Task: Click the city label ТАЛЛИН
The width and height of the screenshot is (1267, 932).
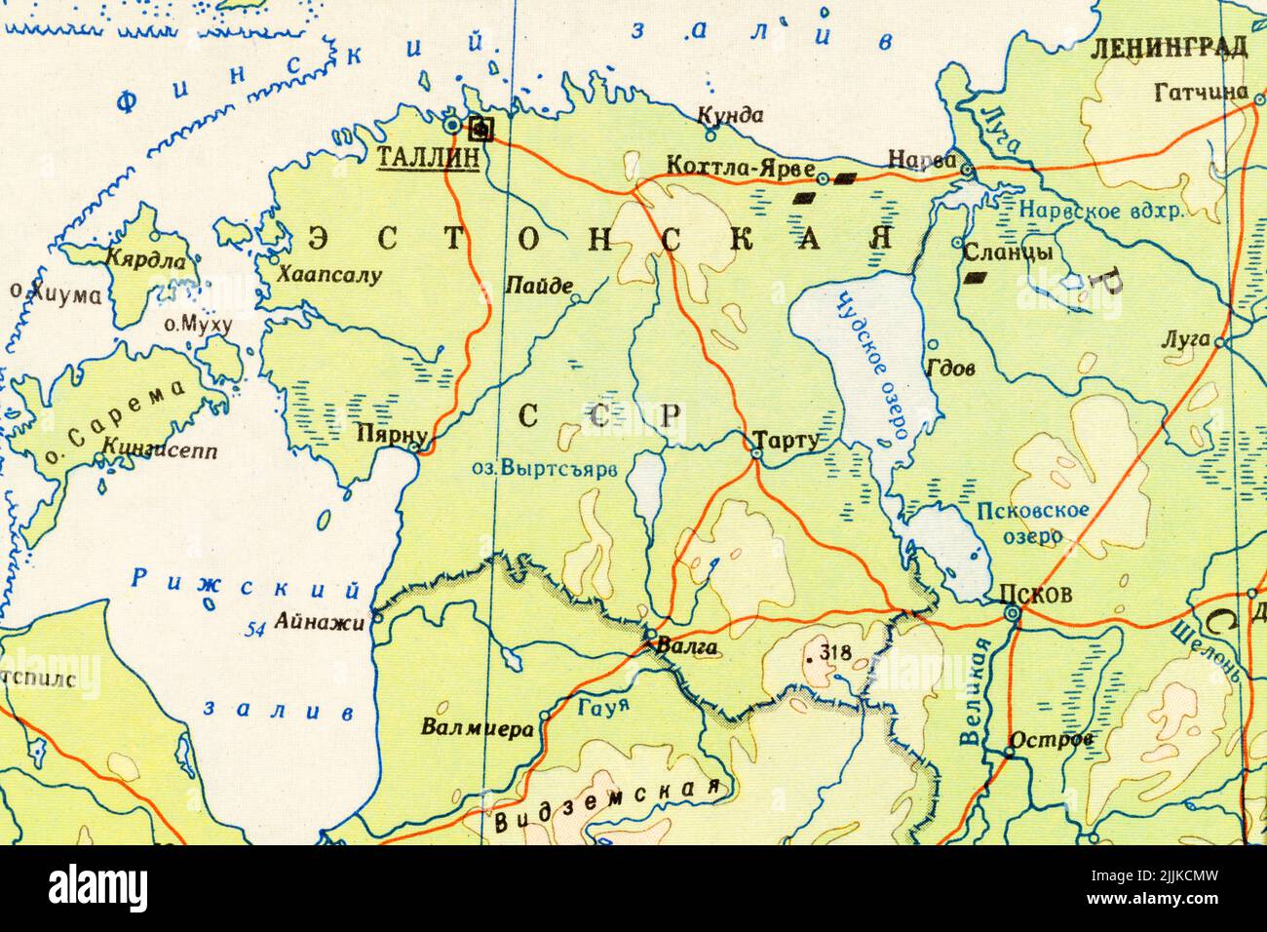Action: (427, 158)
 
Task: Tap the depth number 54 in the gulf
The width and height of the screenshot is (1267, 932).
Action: (256, 630)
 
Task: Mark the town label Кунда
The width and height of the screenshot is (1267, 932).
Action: (731, 115)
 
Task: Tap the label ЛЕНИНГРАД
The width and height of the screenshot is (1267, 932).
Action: (1170, 47)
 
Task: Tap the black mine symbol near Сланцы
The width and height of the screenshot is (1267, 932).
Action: (974, 278)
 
